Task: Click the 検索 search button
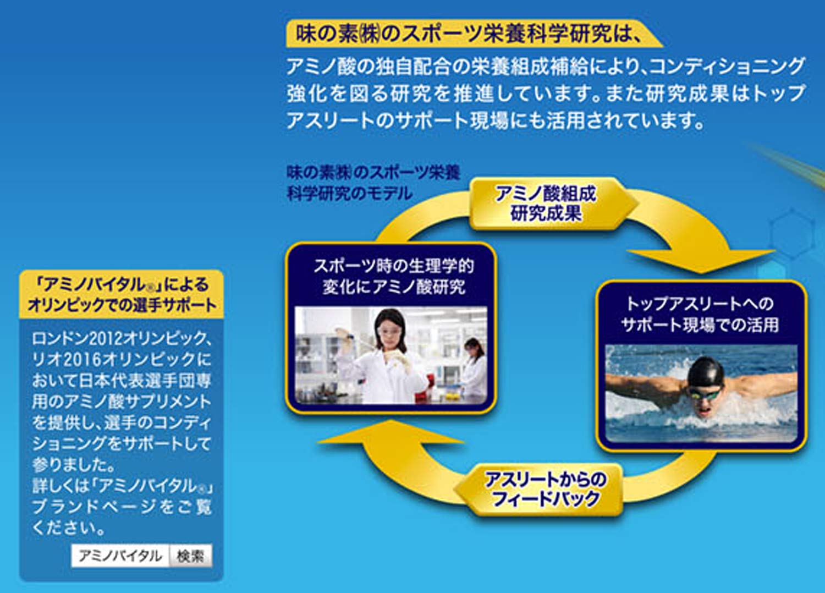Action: click(x=190, y=556)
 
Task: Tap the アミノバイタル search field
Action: click(x=120, y=556)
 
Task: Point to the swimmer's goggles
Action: click(x=705, y=394)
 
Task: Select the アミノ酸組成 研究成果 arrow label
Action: click(x=546, y=204)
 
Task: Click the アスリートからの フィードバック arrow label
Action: click(x=544, y=489)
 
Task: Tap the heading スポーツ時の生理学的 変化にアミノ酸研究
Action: click(x=393, y=276)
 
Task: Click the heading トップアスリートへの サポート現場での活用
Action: click(x=700, y=314)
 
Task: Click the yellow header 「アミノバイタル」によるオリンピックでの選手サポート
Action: click(x=122, y=294)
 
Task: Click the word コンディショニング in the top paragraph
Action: click(x=726, y=67)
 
